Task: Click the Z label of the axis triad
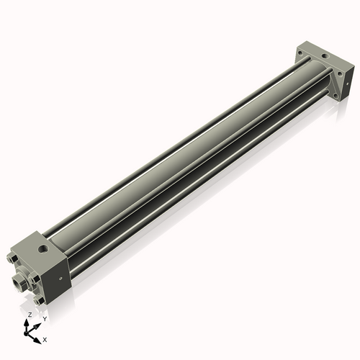click(x=29, y=315)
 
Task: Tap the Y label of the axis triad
click(x=45, y=318)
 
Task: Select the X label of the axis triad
click(x=45, y=338)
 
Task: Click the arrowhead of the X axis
click(x=39, y=337)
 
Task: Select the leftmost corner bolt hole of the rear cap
click(x=302, y=52)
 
